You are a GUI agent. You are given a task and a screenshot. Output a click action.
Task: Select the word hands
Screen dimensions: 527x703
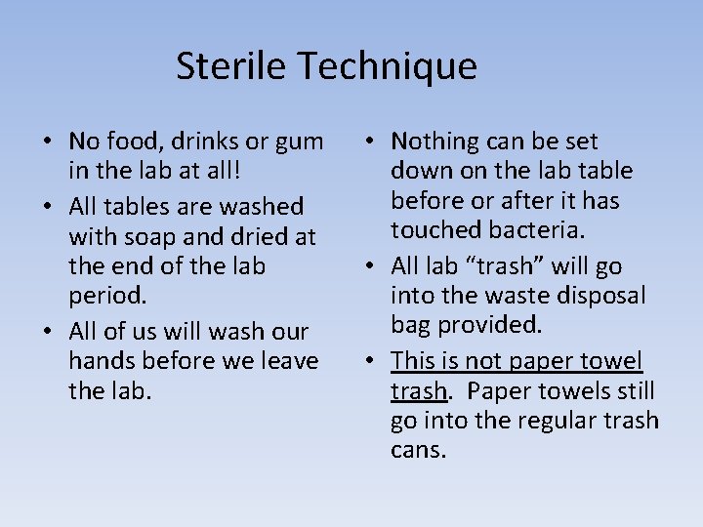(x=103, y=361)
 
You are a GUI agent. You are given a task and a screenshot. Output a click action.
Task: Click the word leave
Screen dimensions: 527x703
(x=287, y=361)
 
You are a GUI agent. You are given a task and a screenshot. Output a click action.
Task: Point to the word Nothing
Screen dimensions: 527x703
(x=442, y=142)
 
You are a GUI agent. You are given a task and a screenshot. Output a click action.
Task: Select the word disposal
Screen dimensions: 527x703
(x=599, y=296)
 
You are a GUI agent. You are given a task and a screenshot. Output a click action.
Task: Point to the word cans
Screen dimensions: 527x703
(x=419, y=450)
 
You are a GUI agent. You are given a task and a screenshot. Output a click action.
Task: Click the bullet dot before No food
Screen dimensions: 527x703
(x=47, y=143)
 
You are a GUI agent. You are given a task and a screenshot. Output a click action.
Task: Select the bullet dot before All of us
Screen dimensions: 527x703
(x=47, y=332)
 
